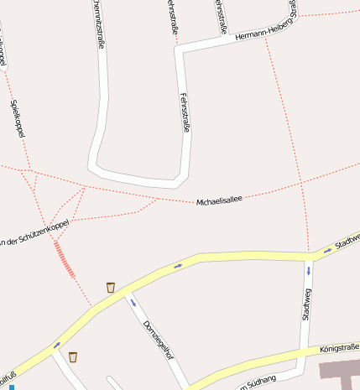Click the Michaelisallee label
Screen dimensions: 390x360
pyautogui.click(x=219, y=200)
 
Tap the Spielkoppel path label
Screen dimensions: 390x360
pyautogui.click(x=18, y=118)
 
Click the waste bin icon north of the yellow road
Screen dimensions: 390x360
pyautogui.click(x=111, y=288)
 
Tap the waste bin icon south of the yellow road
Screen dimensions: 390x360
pyautogui.click(x=73, y=357)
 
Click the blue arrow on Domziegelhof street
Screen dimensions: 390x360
pyautogui.click(x=133, y=303)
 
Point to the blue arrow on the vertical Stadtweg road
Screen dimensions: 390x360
pyautogui.click(x=308, y=272)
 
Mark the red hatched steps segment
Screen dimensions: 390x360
pyautogui.click(x=64, y=258)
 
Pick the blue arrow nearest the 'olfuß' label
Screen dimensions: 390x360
pyautogui.click(x=57, y=345)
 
